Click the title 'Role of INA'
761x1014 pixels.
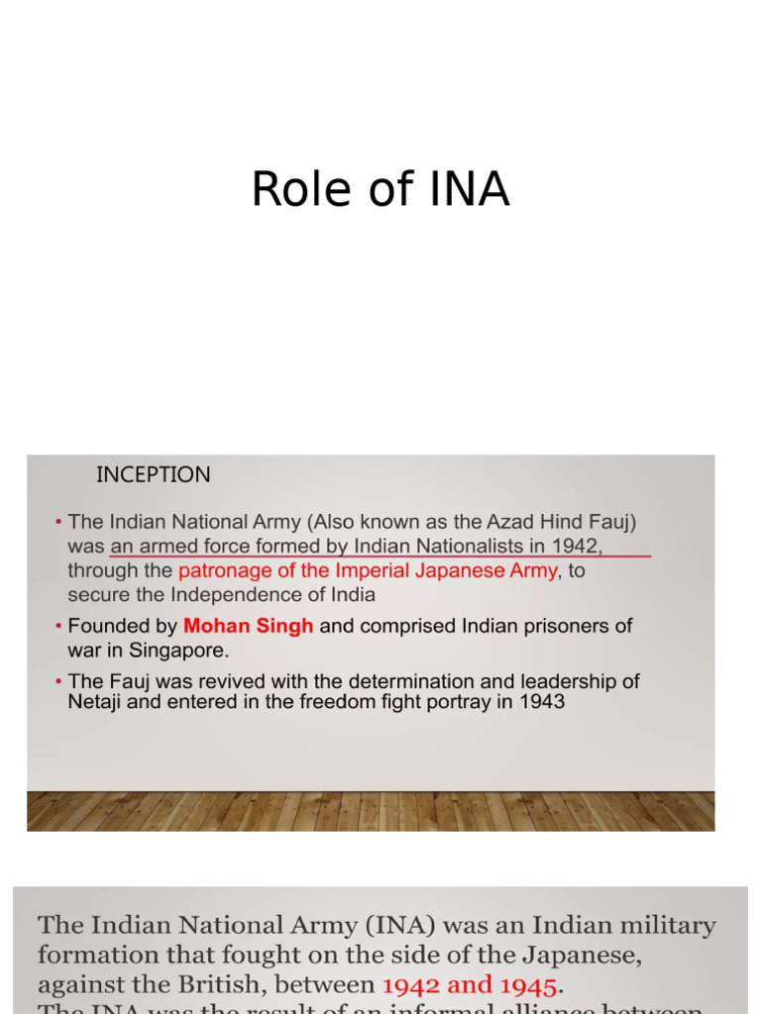pos(380,189)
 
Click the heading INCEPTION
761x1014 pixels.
pos(153,474)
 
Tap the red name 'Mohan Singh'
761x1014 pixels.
pos(248,626)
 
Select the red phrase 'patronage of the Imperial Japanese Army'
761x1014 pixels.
pos(368,570)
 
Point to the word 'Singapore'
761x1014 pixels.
pos(175,650)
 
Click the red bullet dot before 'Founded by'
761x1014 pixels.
pos(58,626)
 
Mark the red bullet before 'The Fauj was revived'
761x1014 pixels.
pos(58,682)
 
